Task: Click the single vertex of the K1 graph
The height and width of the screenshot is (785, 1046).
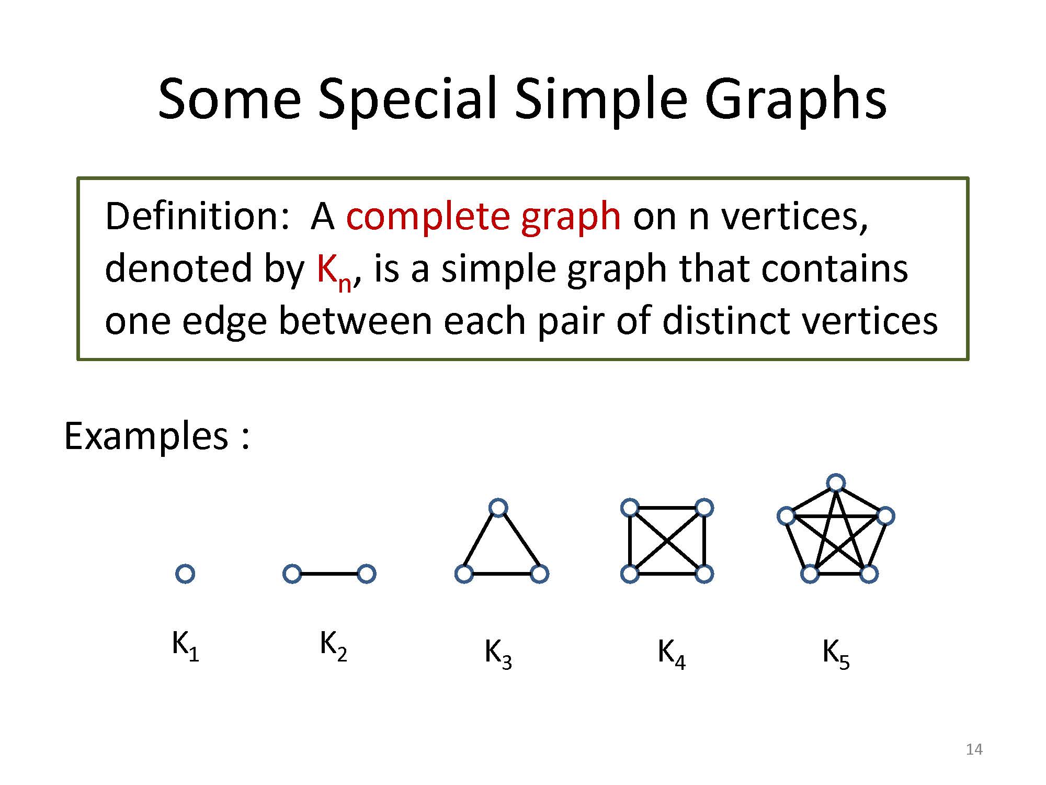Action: tap(185, 574)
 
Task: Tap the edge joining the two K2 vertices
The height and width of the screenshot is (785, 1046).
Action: tap(329, 574)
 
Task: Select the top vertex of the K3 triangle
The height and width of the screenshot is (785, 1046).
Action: tap(498, 508)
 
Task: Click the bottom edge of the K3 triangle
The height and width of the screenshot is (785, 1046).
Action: tap(502, 574)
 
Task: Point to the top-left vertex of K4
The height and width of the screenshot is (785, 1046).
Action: tap(630, 508)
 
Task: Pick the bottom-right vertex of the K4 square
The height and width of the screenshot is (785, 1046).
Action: tap(704, 574)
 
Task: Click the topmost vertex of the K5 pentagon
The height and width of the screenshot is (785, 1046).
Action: tap(836, 483)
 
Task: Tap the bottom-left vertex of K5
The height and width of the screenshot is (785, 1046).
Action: tap(810, 574)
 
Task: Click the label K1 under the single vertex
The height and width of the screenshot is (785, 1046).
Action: tap(186, 646)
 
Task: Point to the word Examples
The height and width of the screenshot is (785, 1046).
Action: tap(146, 436)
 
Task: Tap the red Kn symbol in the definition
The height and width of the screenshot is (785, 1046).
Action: tap(334, 273)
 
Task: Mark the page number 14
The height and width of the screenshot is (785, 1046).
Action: tap(974, 749)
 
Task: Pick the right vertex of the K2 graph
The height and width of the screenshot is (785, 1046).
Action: tap(367, 574)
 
